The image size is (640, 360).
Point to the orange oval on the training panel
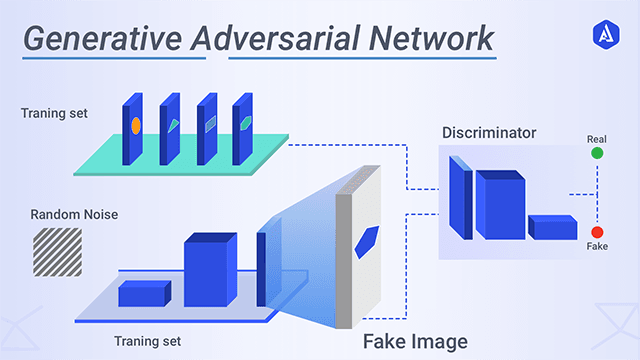[135, 126]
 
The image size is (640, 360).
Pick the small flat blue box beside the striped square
[145, 293]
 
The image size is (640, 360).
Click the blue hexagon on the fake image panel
[367, 241]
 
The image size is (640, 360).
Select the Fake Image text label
[414, 341]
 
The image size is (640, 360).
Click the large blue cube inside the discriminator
[499, 205]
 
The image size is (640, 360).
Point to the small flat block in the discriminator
[552, 227]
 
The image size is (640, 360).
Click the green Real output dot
[597, 153]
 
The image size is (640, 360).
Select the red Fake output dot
[597, 231]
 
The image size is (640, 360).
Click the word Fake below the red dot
[597, 246]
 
